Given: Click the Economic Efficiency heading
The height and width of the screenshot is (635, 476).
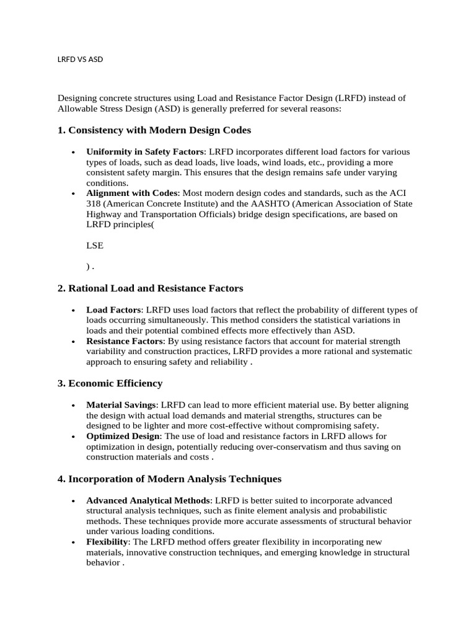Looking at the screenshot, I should pyautogui.click(x=110, y=383).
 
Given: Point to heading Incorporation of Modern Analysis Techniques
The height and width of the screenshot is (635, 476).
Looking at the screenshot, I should pyautogui.click(x=170, y=479).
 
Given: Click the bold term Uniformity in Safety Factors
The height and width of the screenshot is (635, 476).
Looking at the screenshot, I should pyautogui.click(x=144, y=152).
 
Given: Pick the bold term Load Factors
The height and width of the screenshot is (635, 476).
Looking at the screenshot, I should pyautogui.click(x=114, y=310).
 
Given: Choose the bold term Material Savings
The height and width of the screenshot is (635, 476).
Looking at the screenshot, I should pyautogui.click(x=121, y=405).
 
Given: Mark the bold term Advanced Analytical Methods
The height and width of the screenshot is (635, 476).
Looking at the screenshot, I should pyautogui.click(x=149, y=500).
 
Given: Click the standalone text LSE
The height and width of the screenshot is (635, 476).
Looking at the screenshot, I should pyautogui.click(x=95, y=246).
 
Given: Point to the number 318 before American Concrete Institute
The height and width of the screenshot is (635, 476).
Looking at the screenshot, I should pyautogui.click(x=94, y=203).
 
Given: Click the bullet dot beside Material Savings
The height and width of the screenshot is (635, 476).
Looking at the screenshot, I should pyautogui.click(x=73, y=406).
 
